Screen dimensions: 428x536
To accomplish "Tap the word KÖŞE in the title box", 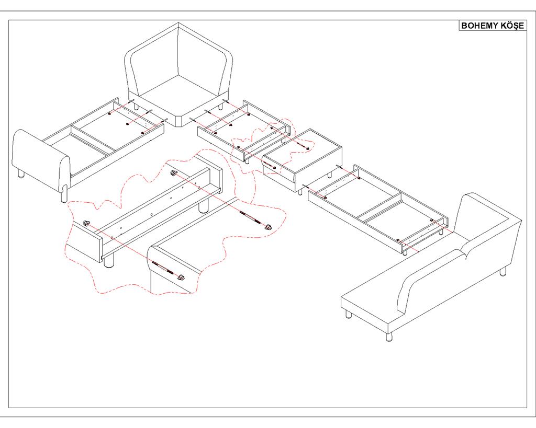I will click(x=511, y=26).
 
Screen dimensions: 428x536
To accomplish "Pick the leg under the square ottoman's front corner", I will click(x=299, y=191).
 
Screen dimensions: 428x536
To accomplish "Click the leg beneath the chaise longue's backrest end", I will click(x=503, y=272).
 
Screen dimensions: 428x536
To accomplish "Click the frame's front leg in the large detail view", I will click(x=109, y=261).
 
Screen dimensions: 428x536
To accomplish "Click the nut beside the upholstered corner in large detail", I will click(x=182, y=277).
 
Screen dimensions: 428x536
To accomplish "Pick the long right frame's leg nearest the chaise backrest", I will click(x=443, y=232).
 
